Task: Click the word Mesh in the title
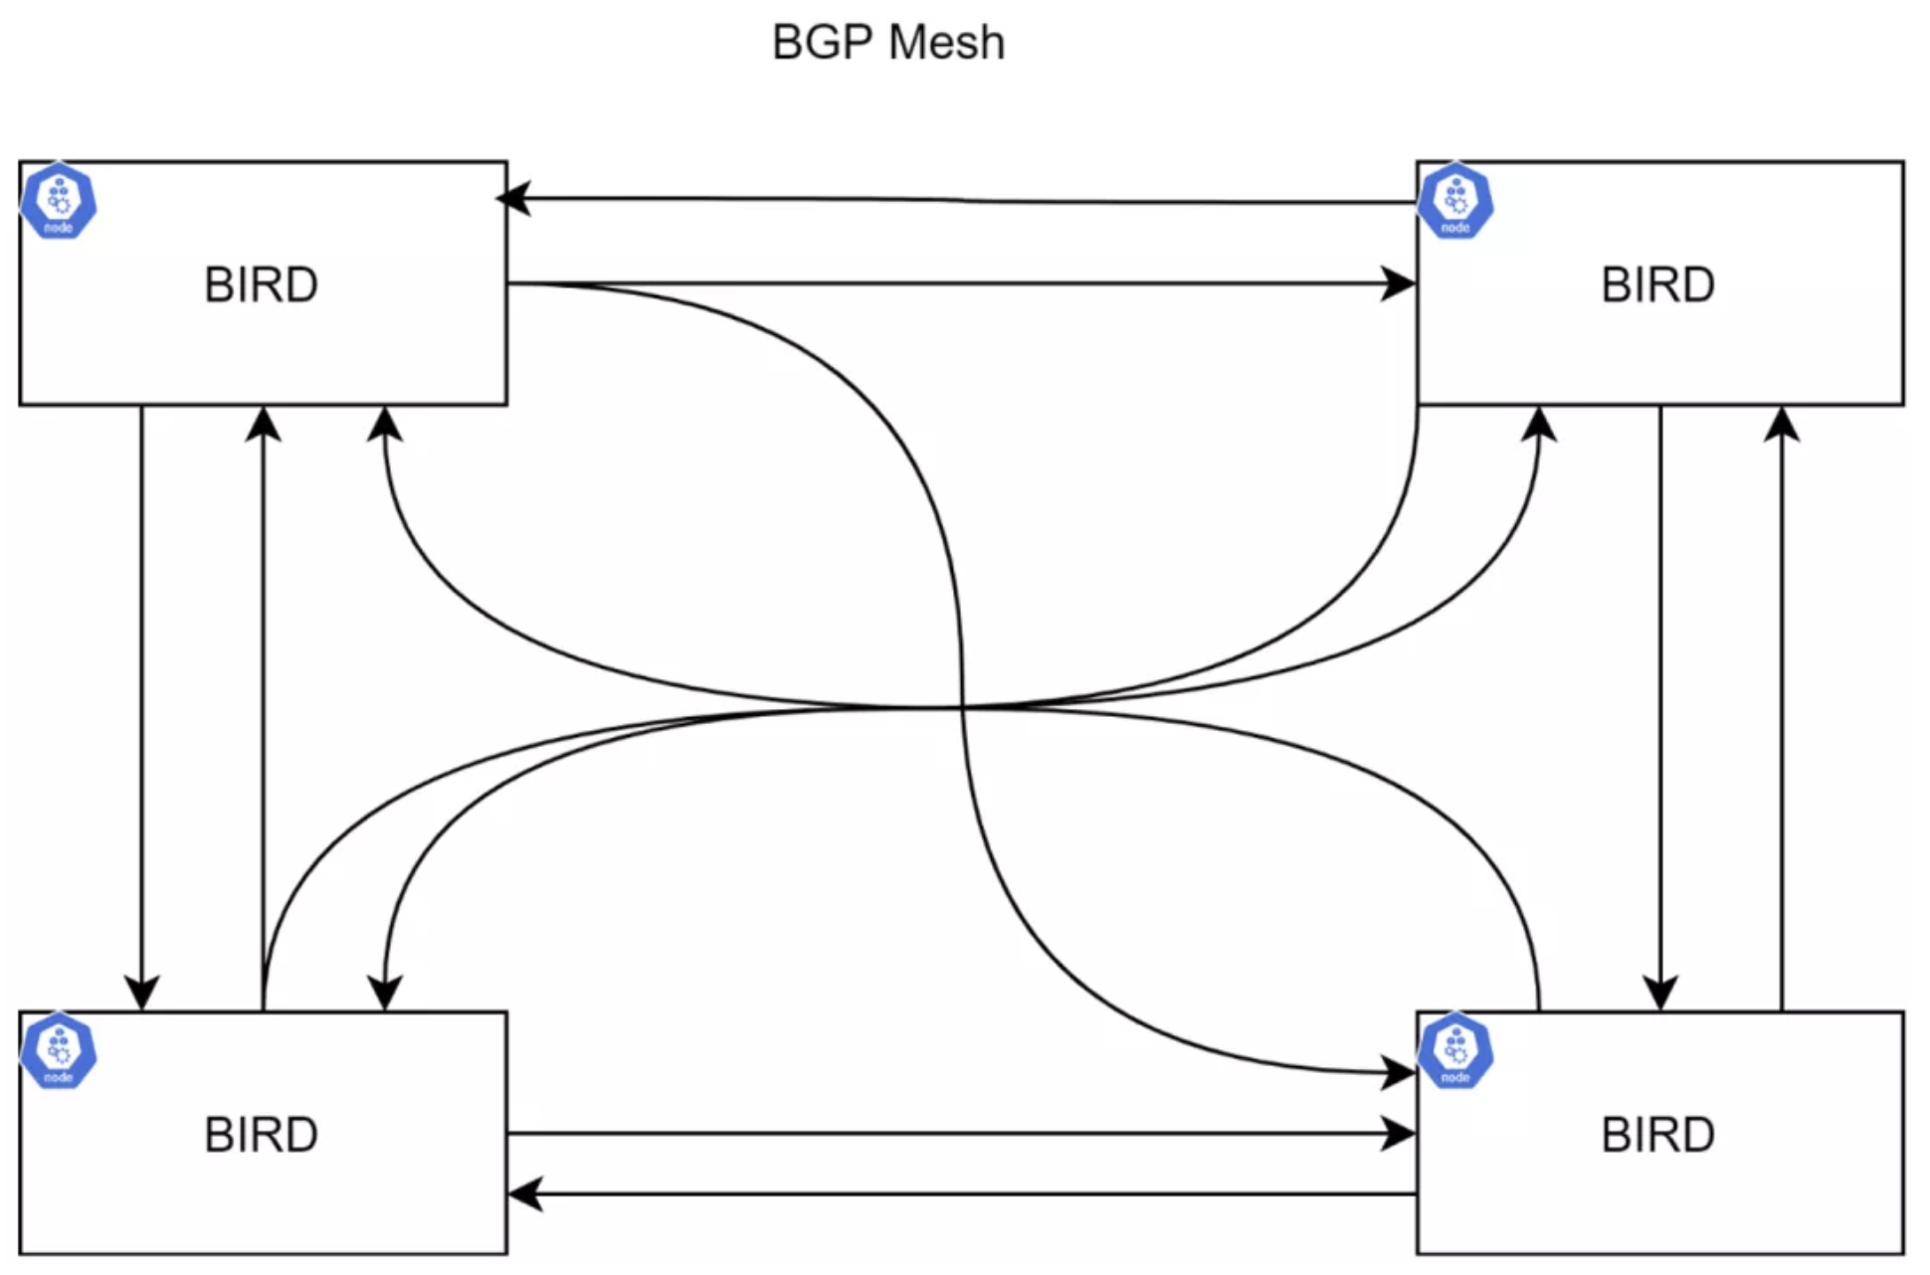pos(946,43)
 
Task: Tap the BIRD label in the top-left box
pos(262,285)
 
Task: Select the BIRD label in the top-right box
pos(1658,285)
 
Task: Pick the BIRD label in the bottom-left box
pos(262,1135)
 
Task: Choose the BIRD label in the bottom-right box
pos(1658,1135)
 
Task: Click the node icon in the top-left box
pos(59,201)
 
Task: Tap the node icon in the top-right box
pos(1455,201)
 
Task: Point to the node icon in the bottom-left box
pos(59,1050)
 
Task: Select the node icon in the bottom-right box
pos(1455,1050)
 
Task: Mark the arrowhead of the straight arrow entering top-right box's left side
pos(1401,284)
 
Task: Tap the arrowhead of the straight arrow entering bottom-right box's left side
pos(1401,1134)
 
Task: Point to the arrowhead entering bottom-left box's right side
pos(523,1193)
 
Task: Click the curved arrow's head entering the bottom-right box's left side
pos(1401,1073)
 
